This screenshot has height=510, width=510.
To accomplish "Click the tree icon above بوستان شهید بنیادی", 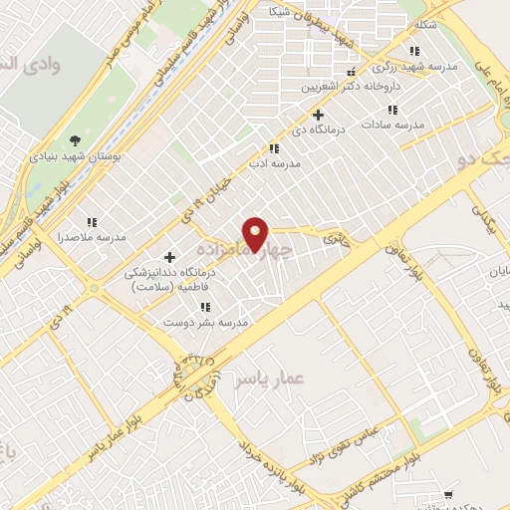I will tap(76, 139).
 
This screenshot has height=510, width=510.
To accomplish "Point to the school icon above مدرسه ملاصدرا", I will tap(92, 222).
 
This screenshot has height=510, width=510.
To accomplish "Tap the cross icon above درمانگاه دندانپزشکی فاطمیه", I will tap(169, 257).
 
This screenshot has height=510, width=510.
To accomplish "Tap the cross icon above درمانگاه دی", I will tap(318, 115).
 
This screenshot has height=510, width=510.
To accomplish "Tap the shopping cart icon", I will tap(449, 494).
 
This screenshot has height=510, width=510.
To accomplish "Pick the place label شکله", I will tap(425, 24).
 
